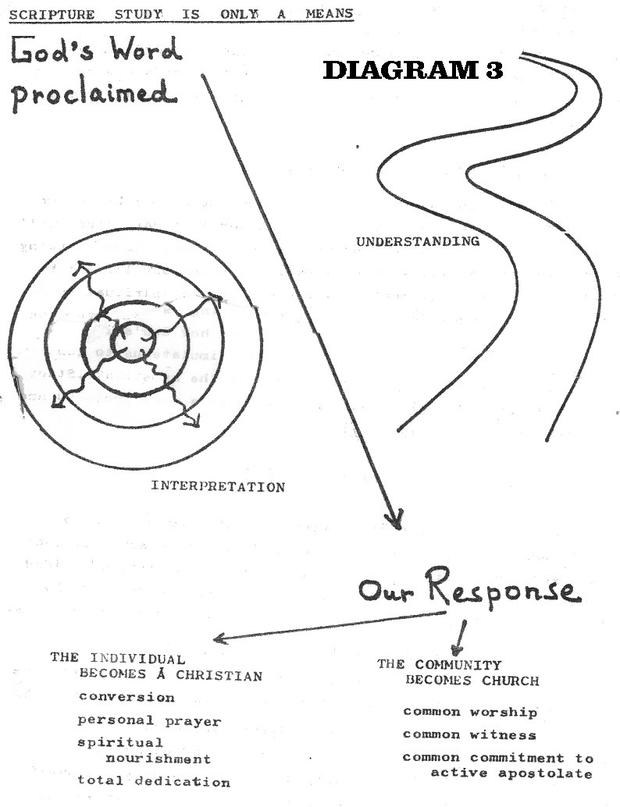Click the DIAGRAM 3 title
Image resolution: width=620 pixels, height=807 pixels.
(x=412, y=70)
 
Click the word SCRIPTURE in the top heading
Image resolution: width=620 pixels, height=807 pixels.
(x=52, y=14)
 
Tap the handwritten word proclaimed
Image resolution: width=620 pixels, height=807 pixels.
(x=94, y=95)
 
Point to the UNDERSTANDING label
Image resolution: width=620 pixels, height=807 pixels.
(x=418, y=241)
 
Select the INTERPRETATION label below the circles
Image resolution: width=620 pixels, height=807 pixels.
(x=218, y=486)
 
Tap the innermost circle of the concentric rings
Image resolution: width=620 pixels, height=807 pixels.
(x=133, y=341)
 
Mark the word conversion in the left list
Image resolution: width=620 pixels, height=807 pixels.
(x=126, y=698)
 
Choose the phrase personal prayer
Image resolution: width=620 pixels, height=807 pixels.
(x=149, y=720)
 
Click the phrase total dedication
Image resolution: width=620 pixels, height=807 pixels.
(x=154, y=781)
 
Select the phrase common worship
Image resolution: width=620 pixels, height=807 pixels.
(x=470, y=713)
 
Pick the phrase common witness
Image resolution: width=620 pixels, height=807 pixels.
(x=469, y=735)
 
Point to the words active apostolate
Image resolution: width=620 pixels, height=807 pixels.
(x=511, y=773)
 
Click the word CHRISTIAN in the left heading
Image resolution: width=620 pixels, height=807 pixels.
(x=219, y=675)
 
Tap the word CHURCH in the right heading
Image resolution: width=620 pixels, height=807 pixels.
(x=511, y=681)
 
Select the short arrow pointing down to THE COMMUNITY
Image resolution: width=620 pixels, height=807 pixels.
(x=460, y=637)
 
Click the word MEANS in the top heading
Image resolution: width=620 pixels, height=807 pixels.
(x=330, y=13)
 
